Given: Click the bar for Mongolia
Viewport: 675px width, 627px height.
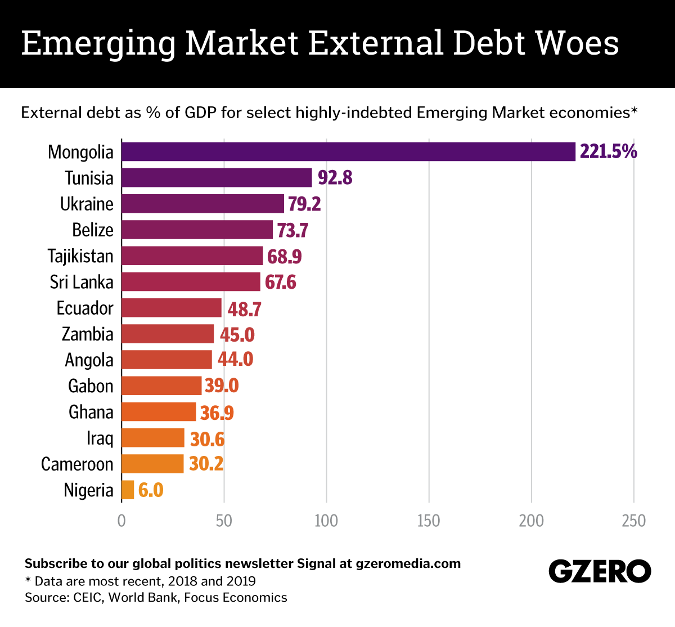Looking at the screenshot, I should point(348,151).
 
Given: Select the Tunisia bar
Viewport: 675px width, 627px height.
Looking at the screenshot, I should point(217,178).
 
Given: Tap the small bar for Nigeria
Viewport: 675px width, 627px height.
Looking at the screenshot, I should point(128,490).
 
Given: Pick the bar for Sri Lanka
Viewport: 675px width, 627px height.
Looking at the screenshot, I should point(191,282).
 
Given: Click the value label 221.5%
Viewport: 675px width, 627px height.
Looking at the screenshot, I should point(608,151).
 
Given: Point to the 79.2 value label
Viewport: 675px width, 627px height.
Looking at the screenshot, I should point(304,204).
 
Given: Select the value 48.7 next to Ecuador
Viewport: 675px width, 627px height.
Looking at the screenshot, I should point(244,309).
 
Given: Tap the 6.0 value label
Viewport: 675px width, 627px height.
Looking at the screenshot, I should point(151,490).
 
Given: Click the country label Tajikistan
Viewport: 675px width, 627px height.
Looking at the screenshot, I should point(80,256).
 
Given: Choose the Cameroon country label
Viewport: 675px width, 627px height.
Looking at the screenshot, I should point(77,464).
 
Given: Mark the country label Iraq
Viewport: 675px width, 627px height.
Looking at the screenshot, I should point(100,438).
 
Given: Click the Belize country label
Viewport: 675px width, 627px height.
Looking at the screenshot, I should point(93,230).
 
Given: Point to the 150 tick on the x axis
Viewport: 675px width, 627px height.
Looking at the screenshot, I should point(429,521).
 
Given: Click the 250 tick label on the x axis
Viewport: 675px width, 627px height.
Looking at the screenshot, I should point(634,521).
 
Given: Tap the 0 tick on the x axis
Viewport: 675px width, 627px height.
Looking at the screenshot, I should point(121,521).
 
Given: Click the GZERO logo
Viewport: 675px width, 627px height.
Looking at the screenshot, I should point(600,572).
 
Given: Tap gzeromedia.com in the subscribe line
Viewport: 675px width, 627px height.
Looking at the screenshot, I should point(408,563).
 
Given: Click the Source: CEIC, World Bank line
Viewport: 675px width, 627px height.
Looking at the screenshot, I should point(156,597).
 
